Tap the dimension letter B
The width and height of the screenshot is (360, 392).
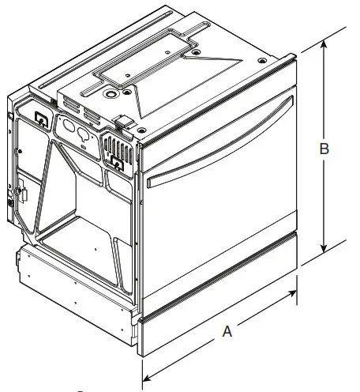pyautogui.click(x=323, y=148)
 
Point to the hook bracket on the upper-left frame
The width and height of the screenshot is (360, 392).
pyautogui.click(x=39, y=119)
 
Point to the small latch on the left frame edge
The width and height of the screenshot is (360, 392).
pyautogui.click(x=21, y=193)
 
